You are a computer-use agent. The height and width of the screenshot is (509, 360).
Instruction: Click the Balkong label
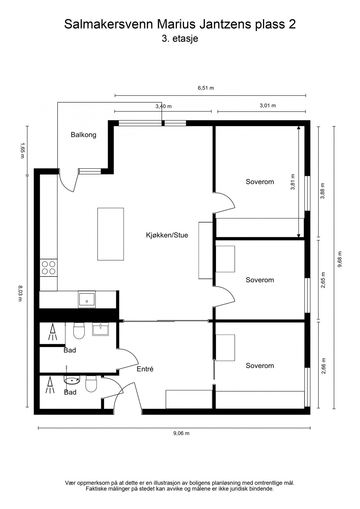tap(83, 135)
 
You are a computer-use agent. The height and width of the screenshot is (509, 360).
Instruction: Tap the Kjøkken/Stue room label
tap(167, 235)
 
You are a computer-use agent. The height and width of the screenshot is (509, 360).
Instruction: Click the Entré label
tap(145, 369)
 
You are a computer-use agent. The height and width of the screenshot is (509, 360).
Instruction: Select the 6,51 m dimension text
tap(206, 88)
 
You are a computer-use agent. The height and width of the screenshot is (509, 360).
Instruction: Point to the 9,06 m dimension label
tap(181, 433)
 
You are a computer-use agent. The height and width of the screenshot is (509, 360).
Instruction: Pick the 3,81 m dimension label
tap(293, 182)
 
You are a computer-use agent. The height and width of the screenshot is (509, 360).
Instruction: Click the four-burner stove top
tap(48, 268)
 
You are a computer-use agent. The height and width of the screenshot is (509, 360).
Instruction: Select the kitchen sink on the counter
tap(87, 299)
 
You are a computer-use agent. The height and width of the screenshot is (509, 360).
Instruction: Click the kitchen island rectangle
tap(111, 234)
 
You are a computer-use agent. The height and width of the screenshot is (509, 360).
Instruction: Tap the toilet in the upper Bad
tap(79, 331)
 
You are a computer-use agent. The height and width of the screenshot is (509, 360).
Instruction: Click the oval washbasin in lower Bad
tap(72, 381)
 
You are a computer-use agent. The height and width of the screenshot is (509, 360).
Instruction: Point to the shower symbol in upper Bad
tap(52, 333)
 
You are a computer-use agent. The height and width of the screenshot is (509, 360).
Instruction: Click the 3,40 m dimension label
tap(163, 107)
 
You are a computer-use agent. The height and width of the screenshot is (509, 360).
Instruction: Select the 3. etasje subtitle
tap(180, 38)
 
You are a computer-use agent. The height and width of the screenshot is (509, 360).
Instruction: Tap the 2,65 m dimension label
tap(323, 280)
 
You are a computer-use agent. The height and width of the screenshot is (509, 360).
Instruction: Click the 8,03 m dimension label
tap(20, 294)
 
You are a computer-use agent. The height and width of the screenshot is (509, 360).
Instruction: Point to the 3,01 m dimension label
tap(268, 106)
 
